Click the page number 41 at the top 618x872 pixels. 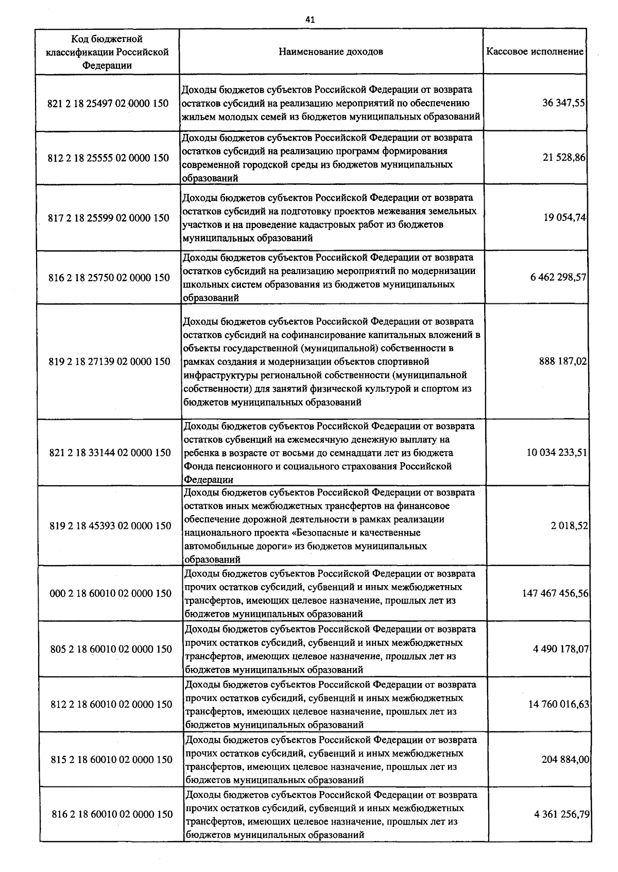pyautogui.click(x=310, y=20)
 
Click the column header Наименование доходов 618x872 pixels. pyautogui.click(x=331, y=52)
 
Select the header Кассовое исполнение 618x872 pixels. pyautogui.click(x=535, y=52)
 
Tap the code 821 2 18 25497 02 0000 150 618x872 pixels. pyautogui.click(x=108, y=104)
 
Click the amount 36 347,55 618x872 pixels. pyautogui.click(x=563, y=102)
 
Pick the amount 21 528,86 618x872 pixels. pyautogui.click(x=564, y=158)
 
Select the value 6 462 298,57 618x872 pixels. pyautogui.click(x=558, y=278)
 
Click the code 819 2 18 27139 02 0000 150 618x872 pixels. pyautogui.click(x=109, y=362)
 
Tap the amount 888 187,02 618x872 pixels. pyautogui.click(x=563, y=362)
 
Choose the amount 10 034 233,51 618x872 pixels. pyautogui.click(x=557, y=453)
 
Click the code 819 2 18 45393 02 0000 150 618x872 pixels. pyautogui.click(x=110, y=526)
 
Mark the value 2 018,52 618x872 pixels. pyautogui.click(x=569, y=526)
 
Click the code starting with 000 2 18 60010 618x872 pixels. pyautogui.click(x=110, y=593)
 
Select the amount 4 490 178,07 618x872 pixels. pyautogui.click(x=561, y=649)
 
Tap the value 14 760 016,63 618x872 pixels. pyautogui.click(x=559, y=704)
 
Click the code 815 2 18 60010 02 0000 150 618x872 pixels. pyautogui.click(x=112, y=760)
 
